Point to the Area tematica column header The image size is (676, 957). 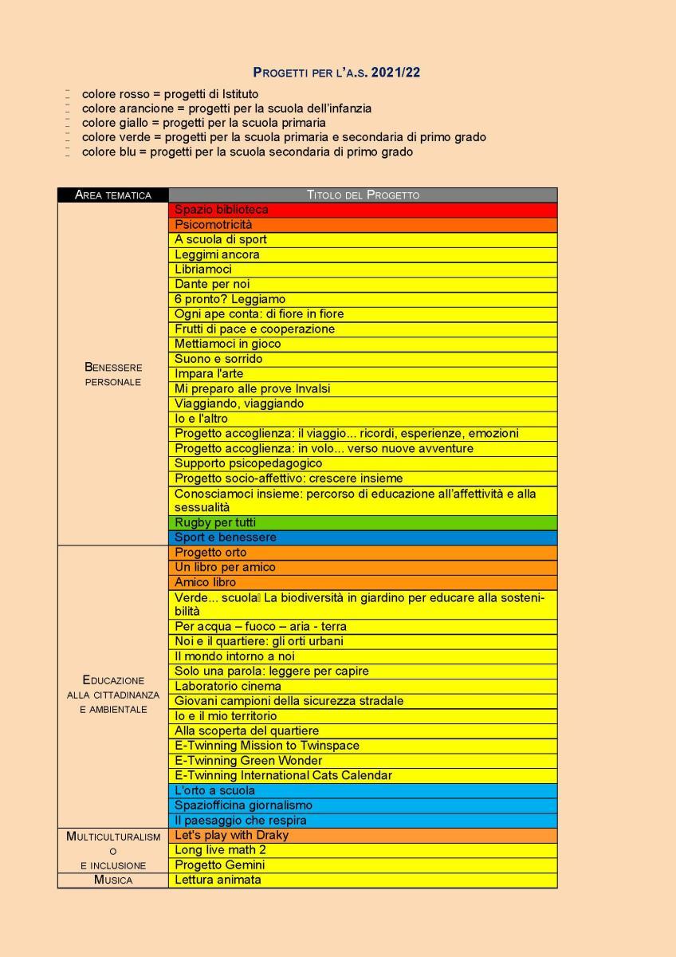pyautogui.click(x=113, y=195)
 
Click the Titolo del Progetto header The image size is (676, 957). pyautogui.click(x=363, y=195)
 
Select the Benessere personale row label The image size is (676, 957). pyautogui.click(x=113, y=374)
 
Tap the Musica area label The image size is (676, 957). pyautogui.click(x=113, y=880)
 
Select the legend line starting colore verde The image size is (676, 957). pyautogui.click(x=284, y=137)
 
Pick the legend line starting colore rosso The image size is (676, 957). pyautogui.click(x=170, y=94)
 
